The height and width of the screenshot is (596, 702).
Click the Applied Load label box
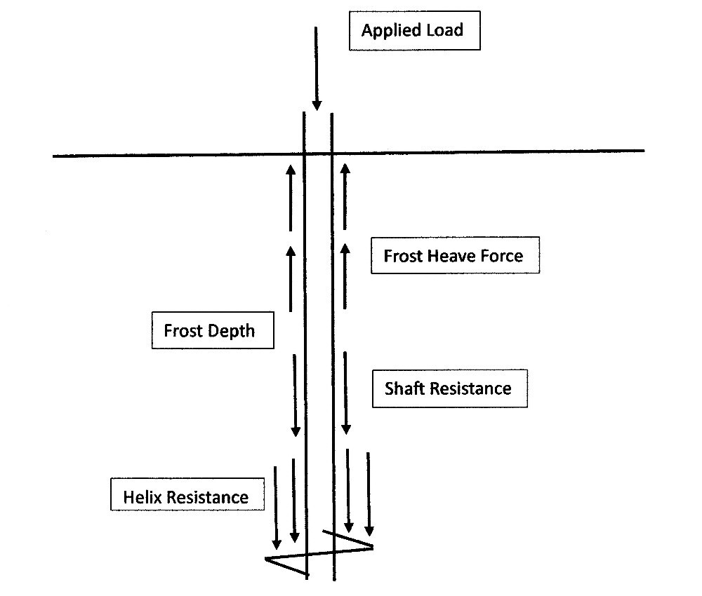click(x=414, y=31)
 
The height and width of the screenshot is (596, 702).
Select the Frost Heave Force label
click(x=455, y=256)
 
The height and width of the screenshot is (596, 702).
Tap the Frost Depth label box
click(x=212, y=330)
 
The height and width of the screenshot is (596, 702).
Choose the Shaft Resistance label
click(x=449, y=388)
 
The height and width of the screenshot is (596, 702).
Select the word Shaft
click(x=405, y=388)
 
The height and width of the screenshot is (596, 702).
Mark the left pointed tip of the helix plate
click(x=267, y=559)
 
